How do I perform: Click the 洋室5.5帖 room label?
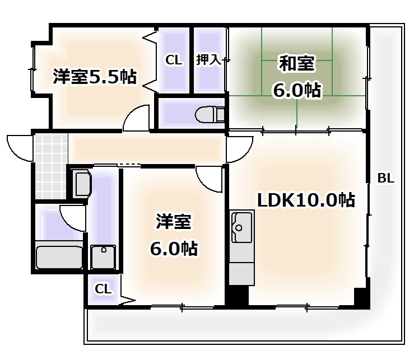coord(95,76)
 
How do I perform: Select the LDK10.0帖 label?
coord(305,200)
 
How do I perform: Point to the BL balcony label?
coord(385,179)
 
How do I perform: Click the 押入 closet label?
coord(208,60)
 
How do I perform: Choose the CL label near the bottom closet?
coord(103,289)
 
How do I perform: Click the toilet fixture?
coord(208,115)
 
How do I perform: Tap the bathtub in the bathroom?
coord(58,257)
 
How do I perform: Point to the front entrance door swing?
coord(20,146)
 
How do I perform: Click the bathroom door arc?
coord(72,216)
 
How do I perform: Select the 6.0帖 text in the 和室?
coord(296,90)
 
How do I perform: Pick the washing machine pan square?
coord(104,258)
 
